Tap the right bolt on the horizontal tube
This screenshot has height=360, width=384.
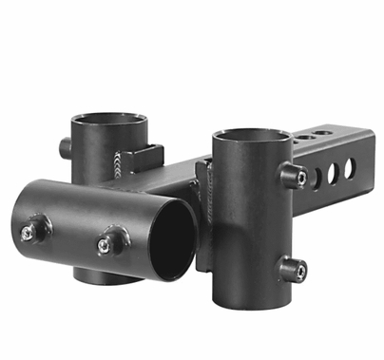pyautogui.click(x=105, y=243)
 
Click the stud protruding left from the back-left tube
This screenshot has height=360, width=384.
pyautogui.click(x=66, y=147)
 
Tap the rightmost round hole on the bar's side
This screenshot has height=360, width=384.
pyautogui.click(x=350, y=167)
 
